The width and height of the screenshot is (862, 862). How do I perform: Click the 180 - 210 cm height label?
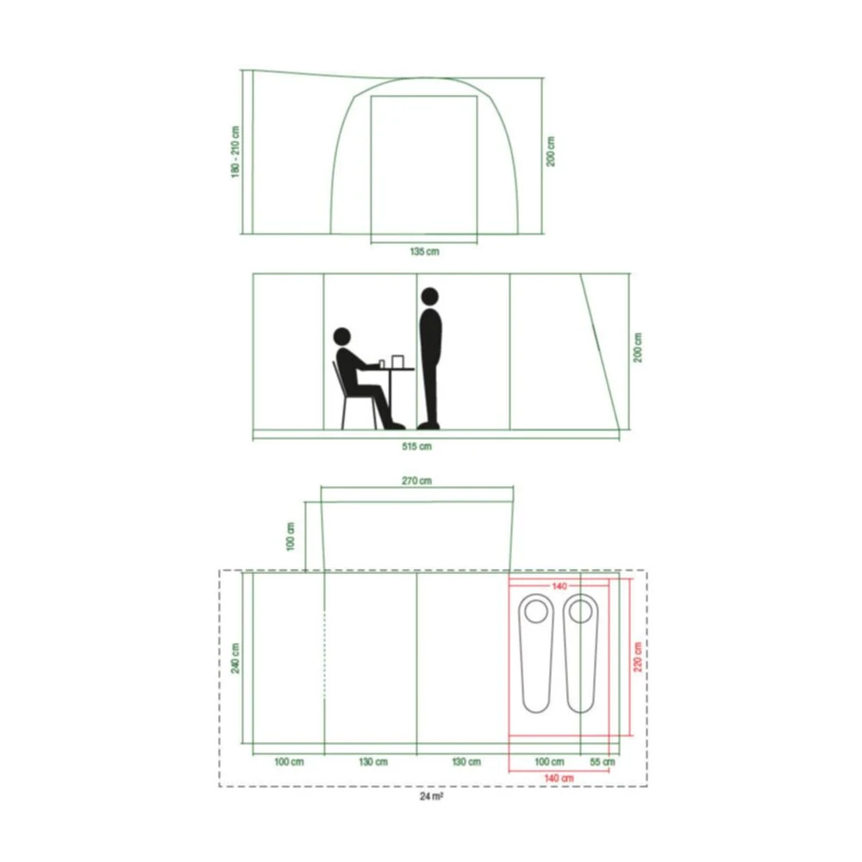(x=235, y=153)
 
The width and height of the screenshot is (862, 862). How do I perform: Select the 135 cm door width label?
(x=423, y=253)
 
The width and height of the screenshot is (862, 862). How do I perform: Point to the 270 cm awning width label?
(x=417, y=481)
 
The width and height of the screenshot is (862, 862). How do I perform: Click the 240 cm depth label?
(x=235, y=659)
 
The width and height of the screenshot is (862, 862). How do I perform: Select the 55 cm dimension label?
(x=603, y=762)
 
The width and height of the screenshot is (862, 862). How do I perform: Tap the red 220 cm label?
(x=637, y=659)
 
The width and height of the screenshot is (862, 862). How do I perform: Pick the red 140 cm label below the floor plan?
(x=559, y=778)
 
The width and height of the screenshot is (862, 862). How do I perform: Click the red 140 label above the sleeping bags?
(x=559, y=586)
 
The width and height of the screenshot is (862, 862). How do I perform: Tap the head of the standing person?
(x=429, y=297)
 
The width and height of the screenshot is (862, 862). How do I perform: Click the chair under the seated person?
(x=342, y=397)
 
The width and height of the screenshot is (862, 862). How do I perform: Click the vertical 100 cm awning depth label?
(x=291, y=536)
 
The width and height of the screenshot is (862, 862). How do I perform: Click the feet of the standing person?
(x=428, y=425)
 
